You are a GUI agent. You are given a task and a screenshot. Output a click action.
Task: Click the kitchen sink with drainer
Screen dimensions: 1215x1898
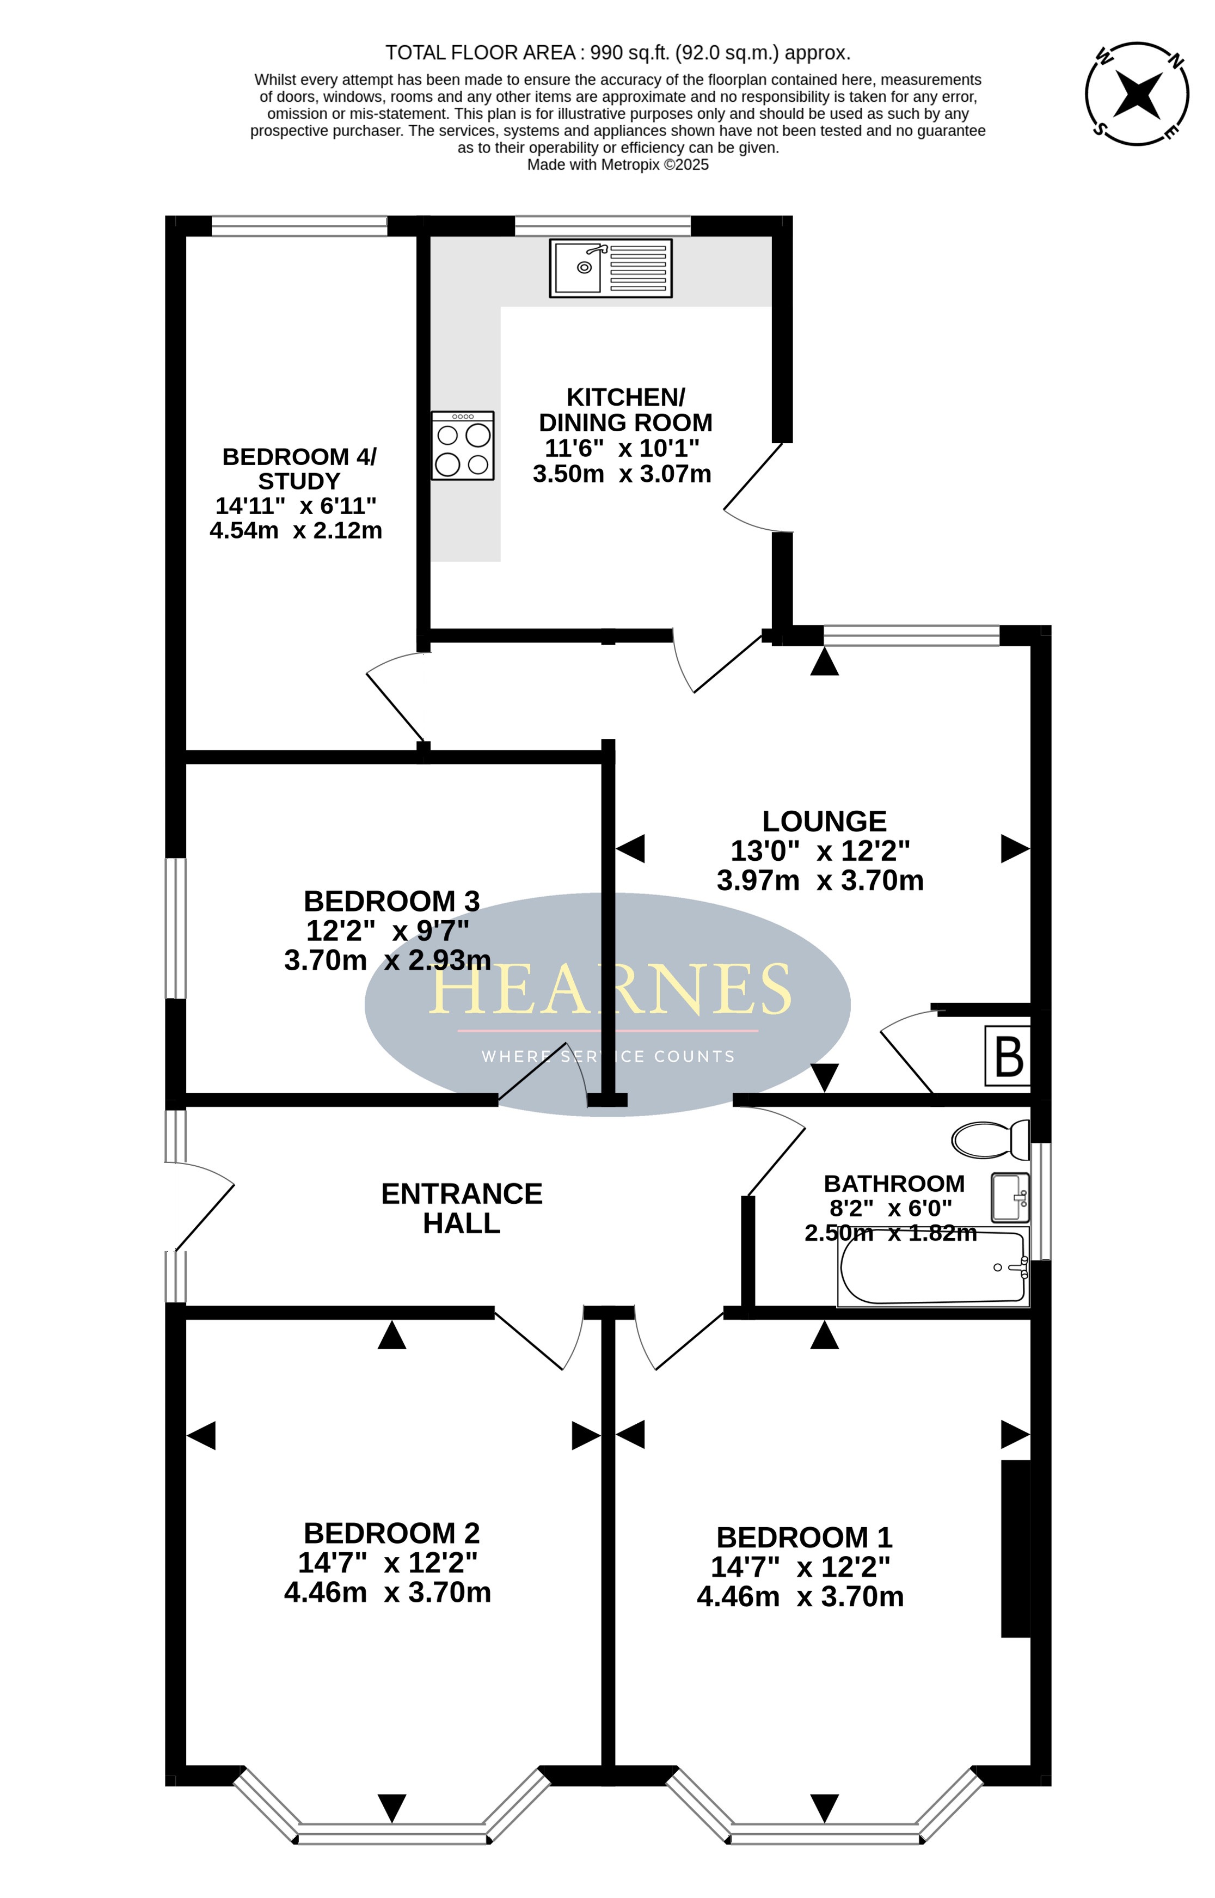click(611, 268)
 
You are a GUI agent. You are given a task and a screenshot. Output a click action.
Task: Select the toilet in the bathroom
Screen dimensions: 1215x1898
click(990, 1140)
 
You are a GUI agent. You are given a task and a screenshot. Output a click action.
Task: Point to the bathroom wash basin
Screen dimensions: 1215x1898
click(1011, 1197)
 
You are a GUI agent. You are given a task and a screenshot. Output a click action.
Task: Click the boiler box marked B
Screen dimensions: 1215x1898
click(1008, 1056)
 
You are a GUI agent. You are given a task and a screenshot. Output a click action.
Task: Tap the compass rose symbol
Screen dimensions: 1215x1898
click(1137, 94)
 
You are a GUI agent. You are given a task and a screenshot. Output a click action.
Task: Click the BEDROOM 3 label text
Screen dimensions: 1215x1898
click(391, 901)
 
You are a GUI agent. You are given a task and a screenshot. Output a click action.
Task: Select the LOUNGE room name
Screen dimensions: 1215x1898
click(825, 822)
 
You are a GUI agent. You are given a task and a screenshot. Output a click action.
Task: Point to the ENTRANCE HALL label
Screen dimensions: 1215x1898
click(462, 1208)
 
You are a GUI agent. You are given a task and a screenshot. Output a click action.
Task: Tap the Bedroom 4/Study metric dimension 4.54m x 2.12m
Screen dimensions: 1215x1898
click(296, 530)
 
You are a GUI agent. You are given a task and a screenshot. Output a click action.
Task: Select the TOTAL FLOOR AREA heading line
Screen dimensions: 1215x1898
click(618, 53)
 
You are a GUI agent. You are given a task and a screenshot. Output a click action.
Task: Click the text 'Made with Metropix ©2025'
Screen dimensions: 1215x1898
click(618, 165)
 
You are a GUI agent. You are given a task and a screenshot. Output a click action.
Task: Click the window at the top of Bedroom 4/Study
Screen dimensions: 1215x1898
click(300, 226)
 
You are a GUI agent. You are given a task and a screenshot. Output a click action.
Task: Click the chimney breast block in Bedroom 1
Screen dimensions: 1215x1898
click(1016, 1548)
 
